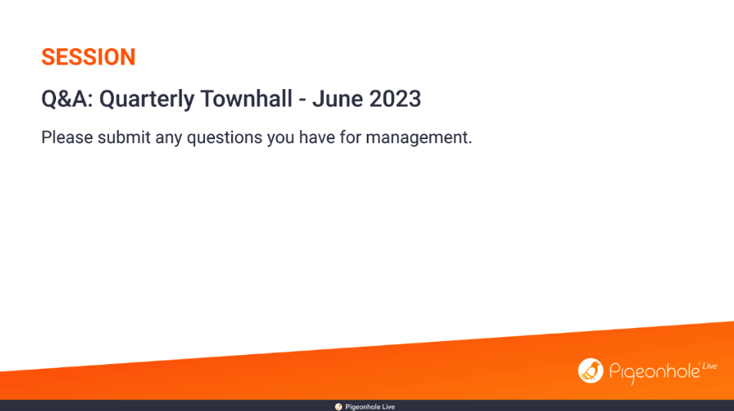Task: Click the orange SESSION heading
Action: [88, 57]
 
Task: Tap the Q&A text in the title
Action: [68, 99]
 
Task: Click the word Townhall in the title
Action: [246, 99]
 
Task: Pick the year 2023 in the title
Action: [395, 99]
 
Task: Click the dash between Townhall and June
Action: [303, 101]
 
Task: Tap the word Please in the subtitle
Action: [67, 138]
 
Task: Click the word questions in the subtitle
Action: [225, 138]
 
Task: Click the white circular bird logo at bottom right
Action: [590, 371]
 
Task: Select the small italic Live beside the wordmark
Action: [709, 366]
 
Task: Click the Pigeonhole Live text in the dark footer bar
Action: [370, 407]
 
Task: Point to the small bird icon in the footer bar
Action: [339, 407]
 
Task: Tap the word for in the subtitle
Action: [350, 138]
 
